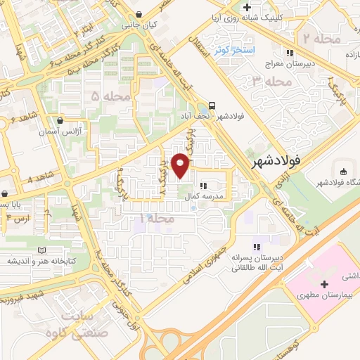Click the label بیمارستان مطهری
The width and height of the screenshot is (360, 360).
pyautogui.click(x=326, y=297)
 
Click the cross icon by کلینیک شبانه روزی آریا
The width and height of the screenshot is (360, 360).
pyautogui.click(x=246, y=8)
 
